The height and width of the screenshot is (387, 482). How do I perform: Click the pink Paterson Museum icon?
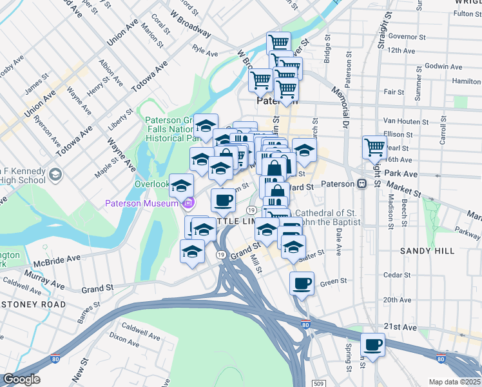pos(188,204)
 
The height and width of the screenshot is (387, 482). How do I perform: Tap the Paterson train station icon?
pos(362,184)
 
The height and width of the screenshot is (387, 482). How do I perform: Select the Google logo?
pos(22,380)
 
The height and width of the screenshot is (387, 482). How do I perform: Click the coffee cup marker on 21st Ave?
pos(372,344)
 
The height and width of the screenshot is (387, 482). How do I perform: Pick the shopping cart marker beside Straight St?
pos(374,147)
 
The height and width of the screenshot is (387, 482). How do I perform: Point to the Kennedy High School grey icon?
pos(55,174)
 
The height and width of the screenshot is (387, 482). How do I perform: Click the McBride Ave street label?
pos(57,259)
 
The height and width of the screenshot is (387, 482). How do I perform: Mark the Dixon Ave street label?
pos(125,336)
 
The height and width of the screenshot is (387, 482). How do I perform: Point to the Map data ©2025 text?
pos(454,382)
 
